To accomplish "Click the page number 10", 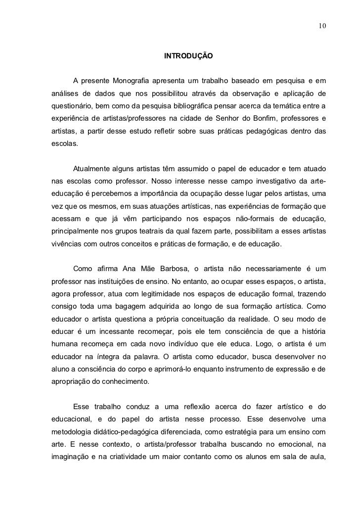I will pos(322,25).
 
